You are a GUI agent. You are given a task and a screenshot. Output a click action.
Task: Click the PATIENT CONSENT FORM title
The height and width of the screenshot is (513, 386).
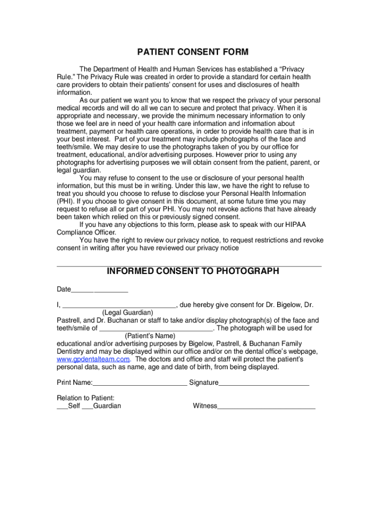point(193,53)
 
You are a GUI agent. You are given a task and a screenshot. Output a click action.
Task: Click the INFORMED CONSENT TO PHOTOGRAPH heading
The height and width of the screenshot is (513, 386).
point(193,272)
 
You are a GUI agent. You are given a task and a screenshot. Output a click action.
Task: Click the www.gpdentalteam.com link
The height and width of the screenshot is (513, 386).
point(93,359)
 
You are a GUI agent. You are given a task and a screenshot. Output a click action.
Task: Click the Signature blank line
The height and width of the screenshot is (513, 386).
point(264,384)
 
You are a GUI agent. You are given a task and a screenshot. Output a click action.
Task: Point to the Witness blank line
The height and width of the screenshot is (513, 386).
point(266,407)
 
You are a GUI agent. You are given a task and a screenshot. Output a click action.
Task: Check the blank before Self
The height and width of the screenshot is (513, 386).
point(62,407)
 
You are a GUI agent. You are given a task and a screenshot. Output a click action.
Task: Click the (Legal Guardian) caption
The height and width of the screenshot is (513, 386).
point(128,313)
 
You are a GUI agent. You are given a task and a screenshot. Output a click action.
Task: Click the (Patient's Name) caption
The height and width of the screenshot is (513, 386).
point(150,336)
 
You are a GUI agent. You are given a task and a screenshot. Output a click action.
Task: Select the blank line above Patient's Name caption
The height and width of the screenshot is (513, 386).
point(156,329)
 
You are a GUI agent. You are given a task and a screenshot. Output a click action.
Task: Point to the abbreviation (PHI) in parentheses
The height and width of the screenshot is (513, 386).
point(65,201)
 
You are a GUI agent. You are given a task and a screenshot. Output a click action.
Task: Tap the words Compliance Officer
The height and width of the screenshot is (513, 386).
point(86,232)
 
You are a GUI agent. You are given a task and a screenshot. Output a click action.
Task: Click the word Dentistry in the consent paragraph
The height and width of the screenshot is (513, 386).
point(73,352)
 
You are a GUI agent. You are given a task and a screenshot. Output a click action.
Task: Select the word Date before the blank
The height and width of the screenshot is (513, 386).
point(64,290)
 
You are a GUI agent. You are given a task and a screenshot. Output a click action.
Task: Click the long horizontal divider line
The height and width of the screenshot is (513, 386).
point(188,266)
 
